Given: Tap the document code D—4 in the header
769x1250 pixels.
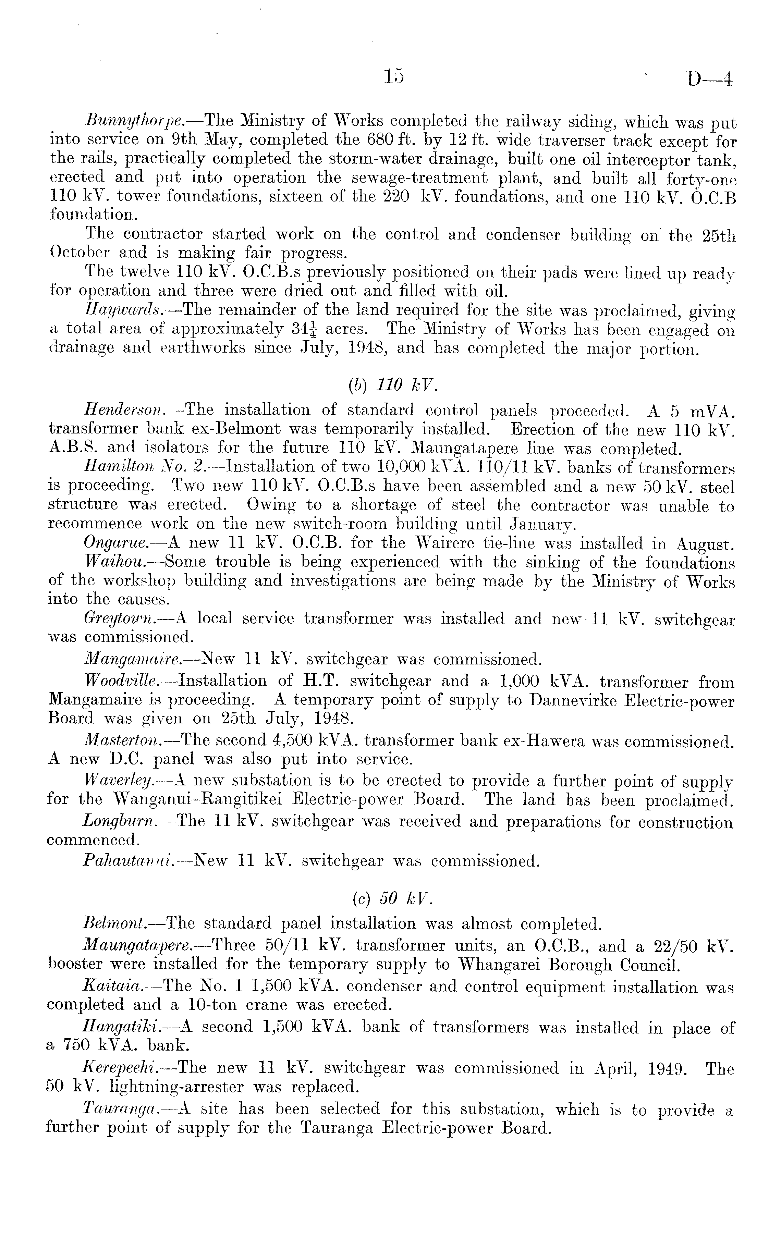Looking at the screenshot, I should pos(708,79).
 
